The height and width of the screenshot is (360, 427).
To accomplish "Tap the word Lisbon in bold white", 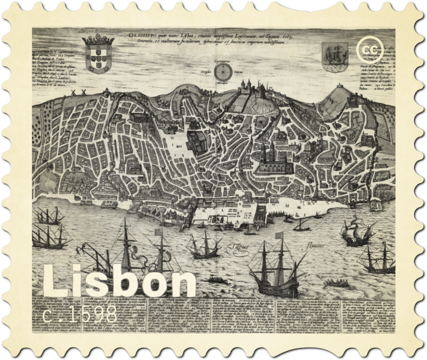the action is [120, 282].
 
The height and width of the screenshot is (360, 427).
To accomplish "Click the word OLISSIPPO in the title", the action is [142, 35].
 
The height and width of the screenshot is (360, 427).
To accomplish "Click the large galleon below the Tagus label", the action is [274, 264].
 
